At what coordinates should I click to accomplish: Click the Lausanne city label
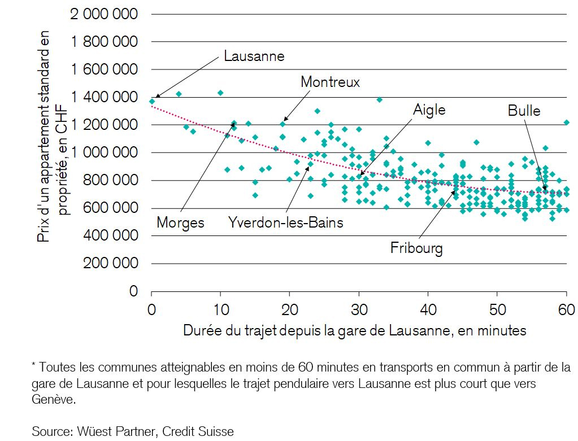[254, 56]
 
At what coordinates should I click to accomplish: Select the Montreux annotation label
[330, 82]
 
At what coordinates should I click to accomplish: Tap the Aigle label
[429, 110]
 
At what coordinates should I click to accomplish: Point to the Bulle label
[524, 111]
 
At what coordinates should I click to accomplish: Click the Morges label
[180, 222]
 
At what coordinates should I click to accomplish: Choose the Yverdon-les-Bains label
[285, 222]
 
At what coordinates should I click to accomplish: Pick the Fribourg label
[416, 248]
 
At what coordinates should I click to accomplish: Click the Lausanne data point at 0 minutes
[152, 102]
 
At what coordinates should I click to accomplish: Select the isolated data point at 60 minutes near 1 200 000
[567, 122]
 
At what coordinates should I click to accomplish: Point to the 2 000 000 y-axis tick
[104, 14]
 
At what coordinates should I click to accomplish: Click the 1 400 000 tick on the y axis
[104, 97]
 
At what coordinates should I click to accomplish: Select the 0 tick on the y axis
[133, 291]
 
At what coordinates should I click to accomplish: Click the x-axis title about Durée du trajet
[354, 331]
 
